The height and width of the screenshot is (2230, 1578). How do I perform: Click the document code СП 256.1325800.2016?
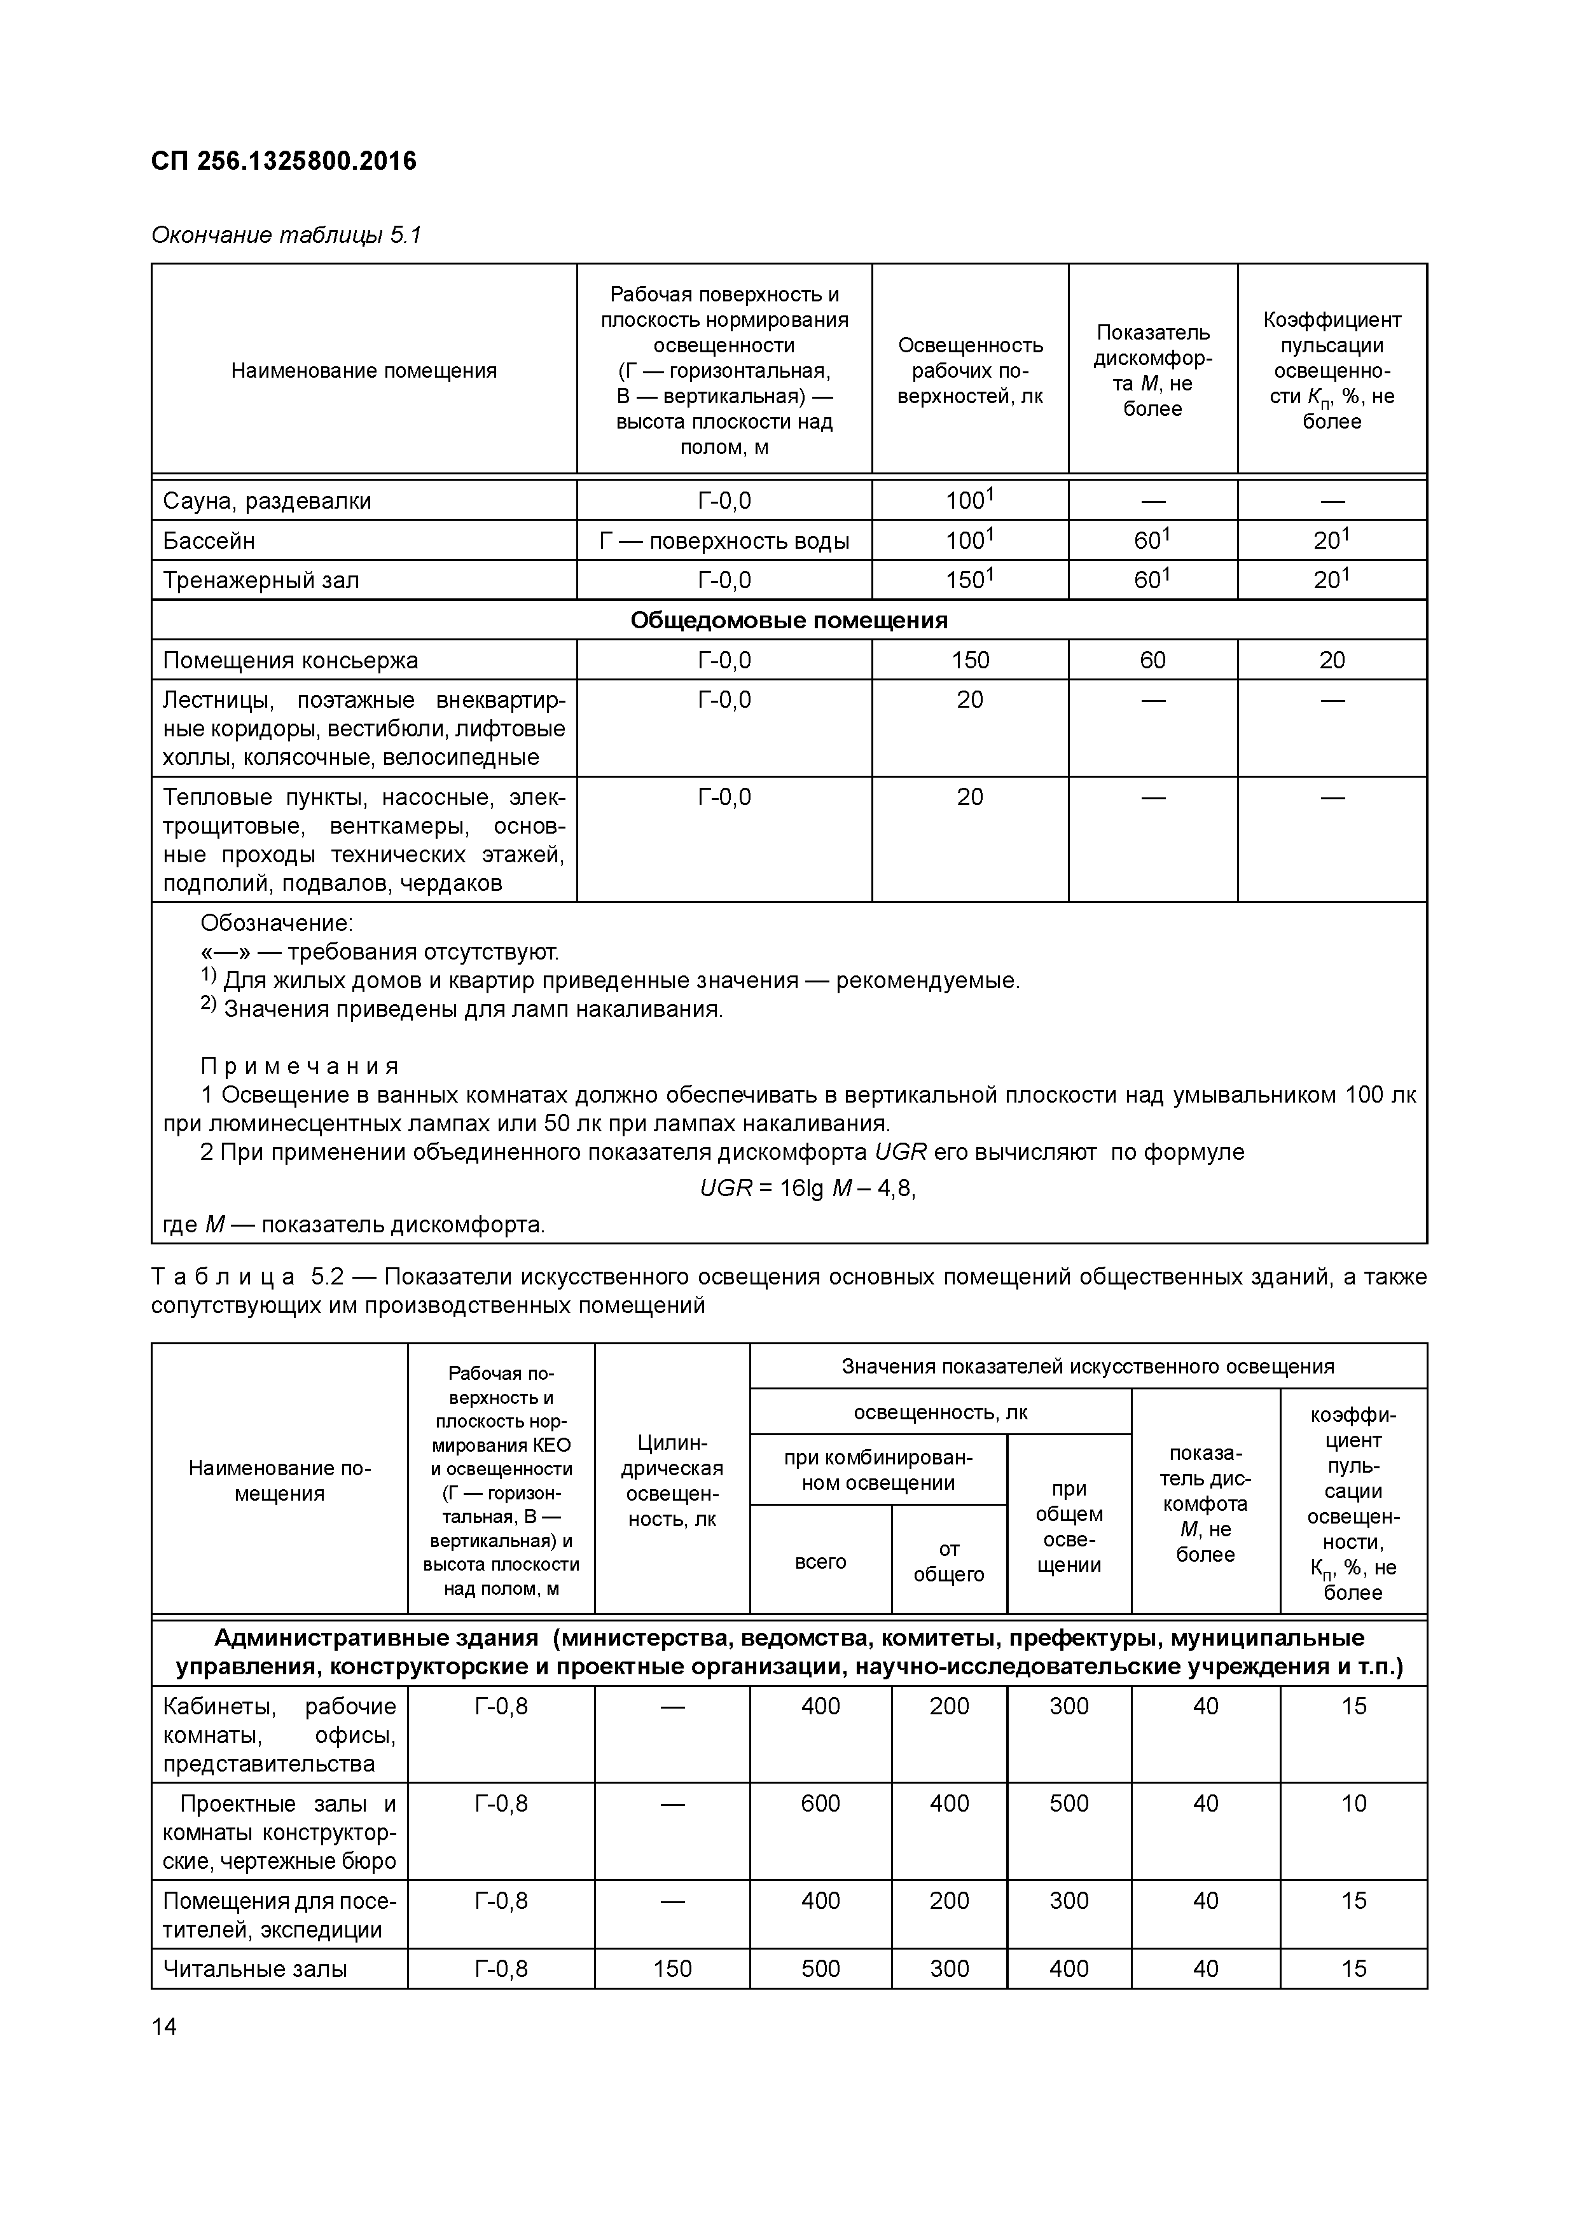[284, 162]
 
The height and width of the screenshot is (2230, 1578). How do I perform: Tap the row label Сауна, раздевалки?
[267, 501]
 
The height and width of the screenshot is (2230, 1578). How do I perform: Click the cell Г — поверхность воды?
[724, 541]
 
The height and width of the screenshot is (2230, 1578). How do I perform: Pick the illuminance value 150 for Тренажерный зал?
[969, 581]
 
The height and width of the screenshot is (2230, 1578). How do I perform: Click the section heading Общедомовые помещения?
[788, 621]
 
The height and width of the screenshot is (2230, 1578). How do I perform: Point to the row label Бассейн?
[209, 541]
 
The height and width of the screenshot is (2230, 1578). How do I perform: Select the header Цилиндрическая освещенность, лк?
[672, 1494]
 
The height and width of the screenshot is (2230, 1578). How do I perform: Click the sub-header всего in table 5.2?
[820, 1562]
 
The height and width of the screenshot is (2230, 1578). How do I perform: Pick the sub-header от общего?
[948, 1562]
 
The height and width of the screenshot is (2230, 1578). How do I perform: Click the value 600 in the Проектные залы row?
[820, 1803]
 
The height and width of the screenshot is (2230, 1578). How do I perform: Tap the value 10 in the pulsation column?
[1353, 1803]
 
